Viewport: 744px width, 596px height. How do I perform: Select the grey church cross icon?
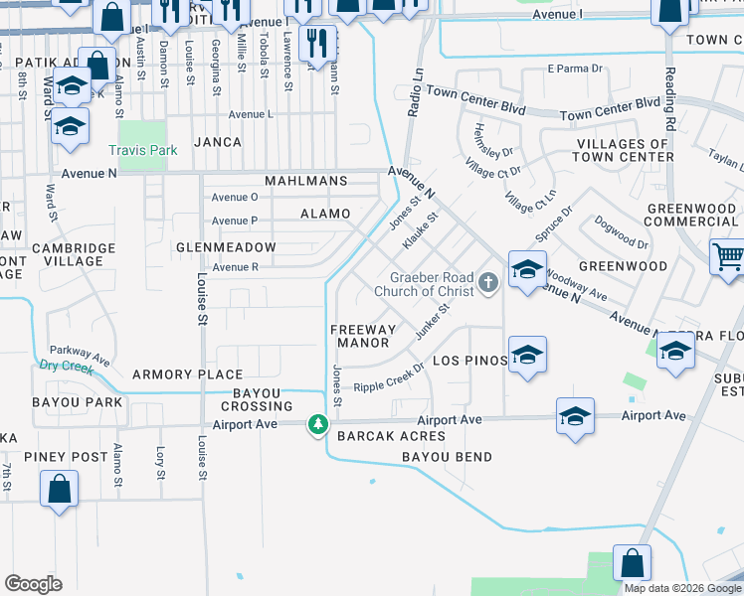487,284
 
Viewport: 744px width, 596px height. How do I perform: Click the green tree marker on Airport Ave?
317,425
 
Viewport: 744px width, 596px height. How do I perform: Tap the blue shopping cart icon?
728,257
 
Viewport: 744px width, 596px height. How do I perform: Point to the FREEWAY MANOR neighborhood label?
363,336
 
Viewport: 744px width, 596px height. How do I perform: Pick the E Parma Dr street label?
576,70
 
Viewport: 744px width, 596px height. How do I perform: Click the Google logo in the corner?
33,584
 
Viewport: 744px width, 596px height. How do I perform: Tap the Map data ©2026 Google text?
681,588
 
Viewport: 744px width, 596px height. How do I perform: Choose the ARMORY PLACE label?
188,374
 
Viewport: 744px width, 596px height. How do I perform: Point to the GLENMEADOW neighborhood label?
226,246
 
